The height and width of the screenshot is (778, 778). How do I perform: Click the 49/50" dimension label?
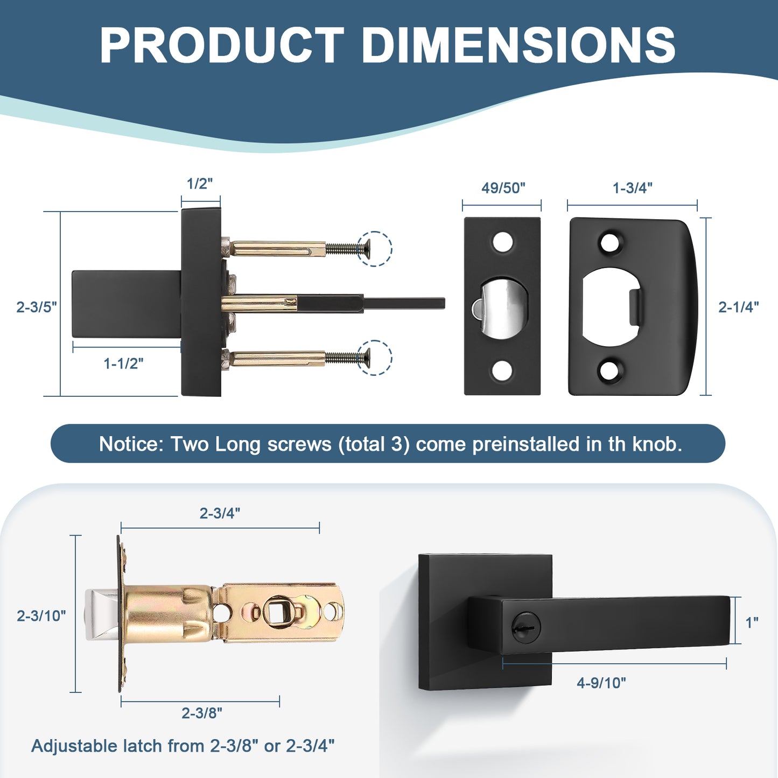503,188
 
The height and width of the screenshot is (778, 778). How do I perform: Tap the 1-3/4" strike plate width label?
632,188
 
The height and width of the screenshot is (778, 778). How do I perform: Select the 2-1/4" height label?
738,307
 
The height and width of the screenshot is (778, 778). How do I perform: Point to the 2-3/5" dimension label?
36,307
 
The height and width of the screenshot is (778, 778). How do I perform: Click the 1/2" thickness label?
200,184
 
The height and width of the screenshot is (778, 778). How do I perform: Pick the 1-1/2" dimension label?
123,363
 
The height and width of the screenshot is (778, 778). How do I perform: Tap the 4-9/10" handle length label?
601,683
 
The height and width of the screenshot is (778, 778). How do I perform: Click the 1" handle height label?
752,622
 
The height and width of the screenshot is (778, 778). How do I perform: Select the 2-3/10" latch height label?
41,615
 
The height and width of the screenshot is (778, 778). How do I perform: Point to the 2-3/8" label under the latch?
201,713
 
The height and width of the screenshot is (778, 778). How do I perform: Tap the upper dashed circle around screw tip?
375,249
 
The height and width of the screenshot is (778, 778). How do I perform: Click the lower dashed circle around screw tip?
375,358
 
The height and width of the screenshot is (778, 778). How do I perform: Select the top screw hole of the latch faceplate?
502,242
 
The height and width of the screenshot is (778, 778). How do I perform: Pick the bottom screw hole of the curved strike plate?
610,370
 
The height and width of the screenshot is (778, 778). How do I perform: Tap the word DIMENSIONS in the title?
518,45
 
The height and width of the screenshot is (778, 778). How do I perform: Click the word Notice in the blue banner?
131,444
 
